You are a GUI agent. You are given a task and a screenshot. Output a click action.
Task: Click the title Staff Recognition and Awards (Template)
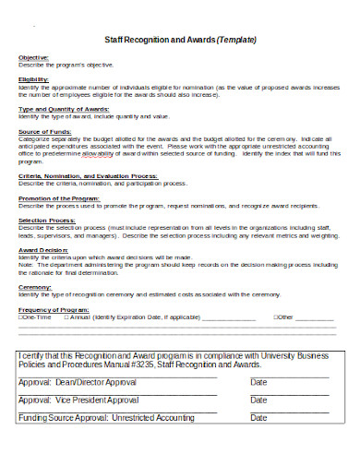click(180, 40)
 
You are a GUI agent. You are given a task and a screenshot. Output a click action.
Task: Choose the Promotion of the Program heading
click(59, 197)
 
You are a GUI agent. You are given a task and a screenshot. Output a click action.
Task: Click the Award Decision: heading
click(43, 249)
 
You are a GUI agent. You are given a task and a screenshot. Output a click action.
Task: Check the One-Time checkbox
click(22, 317)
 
